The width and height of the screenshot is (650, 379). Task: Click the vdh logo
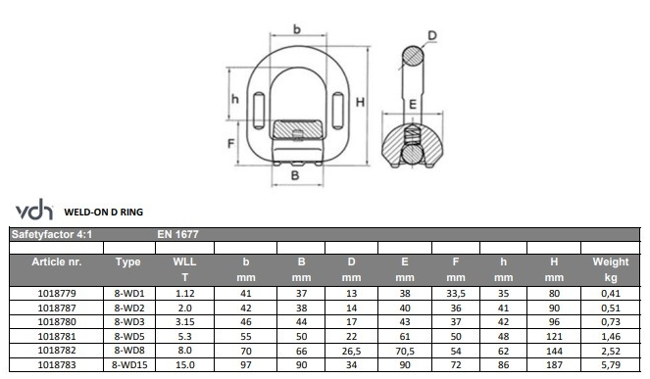pos(34,210)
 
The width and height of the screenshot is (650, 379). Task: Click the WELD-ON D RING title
pos(104,213)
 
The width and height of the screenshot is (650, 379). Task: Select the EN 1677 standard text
pos(177,234)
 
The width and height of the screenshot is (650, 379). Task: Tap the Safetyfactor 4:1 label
pos(52,234)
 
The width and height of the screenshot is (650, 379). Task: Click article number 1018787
pos(57,308)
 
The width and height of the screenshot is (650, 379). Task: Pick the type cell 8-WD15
pos(129,365)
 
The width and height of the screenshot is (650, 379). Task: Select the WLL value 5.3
pos(185,336)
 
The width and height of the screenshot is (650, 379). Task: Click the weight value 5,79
pos(611,365)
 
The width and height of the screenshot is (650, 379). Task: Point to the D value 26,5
pos(352,352)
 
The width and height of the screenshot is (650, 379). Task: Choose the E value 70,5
pos(405,352)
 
